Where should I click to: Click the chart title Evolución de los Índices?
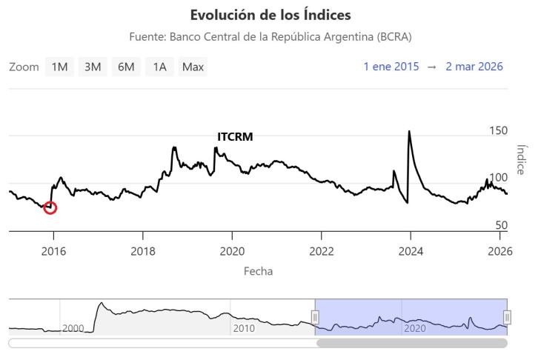[x=270, y=15]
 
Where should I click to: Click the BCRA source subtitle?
[x=270, y=36]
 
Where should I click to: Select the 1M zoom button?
[x=59, y=67]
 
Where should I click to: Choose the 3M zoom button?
[x=93, y=67]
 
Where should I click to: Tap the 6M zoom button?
[x=126, y=67]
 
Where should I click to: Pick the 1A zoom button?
[x=159, y=67]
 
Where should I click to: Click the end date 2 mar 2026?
[x=474, y=67]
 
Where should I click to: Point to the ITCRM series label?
[x=235, y=137]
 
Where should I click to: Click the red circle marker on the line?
[x=50, y=207]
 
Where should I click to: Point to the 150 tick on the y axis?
[x=499, y=131]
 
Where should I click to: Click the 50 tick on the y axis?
[x=502, y=225]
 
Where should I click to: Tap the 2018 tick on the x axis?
[x=143, y=250]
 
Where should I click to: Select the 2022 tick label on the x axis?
[x=321, y=250]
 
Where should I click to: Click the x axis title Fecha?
[x=258, y=271]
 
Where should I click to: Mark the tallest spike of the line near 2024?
[x=409, y=132]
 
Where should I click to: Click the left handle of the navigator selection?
[x=315, y=318]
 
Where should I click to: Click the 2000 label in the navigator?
[x=73, y=328]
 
